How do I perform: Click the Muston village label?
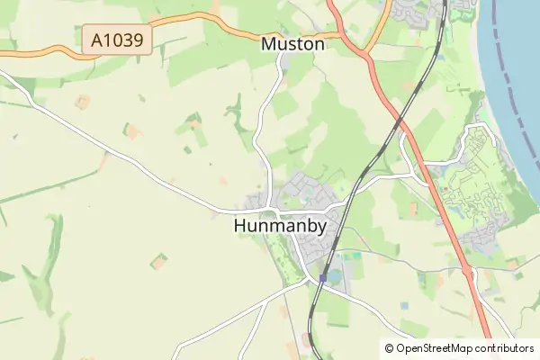[292, 43]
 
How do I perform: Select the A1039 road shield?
[117, 40]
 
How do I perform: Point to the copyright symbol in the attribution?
[389, 348]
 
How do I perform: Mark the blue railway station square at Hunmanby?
[322, 278]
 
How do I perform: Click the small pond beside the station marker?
[335, 274]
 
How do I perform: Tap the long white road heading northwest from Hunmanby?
[117, 153]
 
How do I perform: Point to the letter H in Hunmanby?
[240, 227]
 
